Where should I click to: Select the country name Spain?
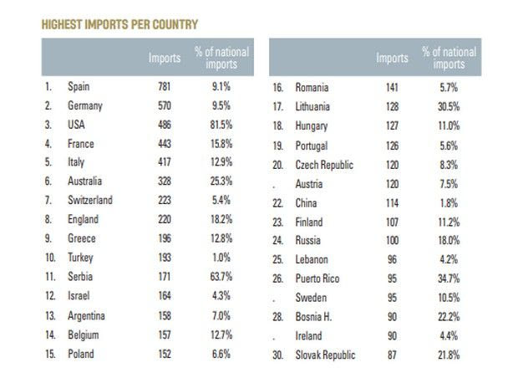point(79,86)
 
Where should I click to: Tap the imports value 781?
point(165,86)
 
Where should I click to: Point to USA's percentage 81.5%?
point(221,125)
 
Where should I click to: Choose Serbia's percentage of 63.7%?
point(221,277)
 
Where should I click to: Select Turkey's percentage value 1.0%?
point(221,258)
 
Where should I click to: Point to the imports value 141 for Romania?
point(392,87)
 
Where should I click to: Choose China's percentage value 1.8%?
point(449,202)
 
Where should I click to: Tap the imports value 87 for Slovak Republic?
point(392,355)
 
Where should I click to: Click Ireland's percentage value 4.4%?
point(449,336)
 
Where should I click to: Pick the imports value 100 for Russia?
point(392,241)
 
